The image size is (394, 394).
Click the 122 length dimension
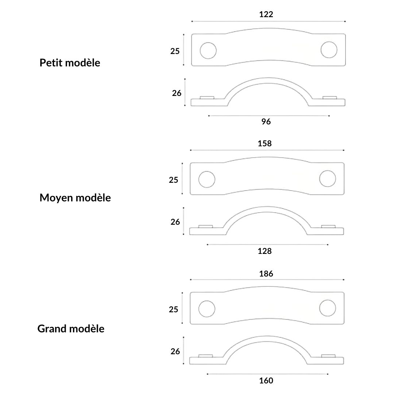(x=266, y=14)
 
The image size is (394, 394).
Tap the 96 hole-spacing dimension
(x=266, y=121)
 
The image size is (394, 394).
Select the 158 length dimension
(x=264, y=143)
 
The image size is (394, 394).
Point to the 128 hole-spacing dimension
(x=264, y=251)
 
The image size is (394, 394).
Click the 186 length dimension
(x=266, y=274)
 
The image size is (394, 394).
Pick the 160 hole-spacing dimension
(x=266, y=381)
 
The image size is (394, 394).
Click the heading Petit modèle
(x=70, y=63)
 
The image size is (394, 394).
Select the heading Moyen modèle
(x=75, y=198)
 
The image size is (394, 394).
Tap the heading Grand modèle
(x=71, y=329)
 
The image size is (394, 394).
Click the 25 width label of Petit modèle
(x=175, y=51)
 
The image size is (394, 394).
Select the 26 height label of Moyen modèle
(x=175, y=222)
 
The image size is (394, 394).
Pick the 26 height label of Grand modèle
(x=175, y=352)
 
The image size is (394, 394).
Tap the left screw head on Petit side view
(x=207, y=98)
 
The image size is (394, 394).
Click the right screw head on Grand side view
(x=328, y=356)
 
